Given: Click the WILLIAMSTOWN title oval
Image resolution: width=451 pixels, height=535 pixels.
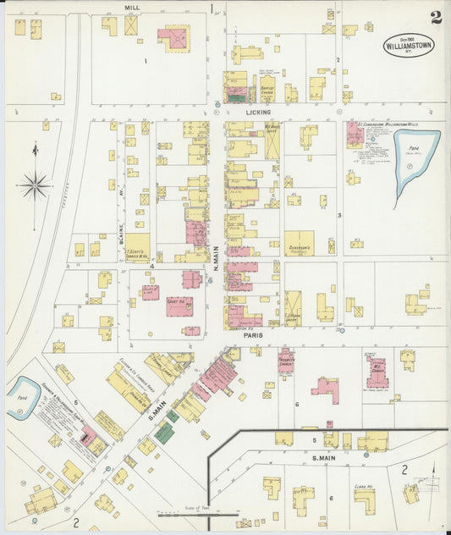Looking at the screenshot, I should pyautogui.click(x=410, y=45).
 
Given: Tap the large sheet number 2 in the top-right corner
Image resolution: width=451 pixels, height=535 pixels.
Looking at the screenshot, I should pyautogui.click(x=435, y=18).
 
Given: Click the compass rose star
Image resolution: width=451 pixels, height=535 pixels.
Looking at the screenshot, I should pyautogui.click(x=35, y=184).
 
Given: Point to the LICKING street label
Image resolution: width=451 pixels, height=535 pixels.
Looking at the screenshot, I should pyautogui.click(x=258, y=113).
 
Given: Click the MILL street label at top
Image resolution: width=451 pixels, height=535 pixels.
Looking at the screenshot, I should pyautogui.click(x=131, y=7).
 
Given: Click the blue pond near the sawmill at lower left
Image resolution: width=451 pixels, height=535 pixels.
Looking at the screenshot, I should pyautogui.click(x=23, y=398).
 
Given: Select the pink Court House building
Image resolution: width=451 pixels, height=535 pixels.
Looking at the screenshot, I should pyautogui.click(x=179, y=306).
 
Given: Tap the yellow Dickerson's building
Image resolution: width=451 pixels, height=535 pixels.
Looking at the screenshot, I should pyautogui.click(x=298, y=243).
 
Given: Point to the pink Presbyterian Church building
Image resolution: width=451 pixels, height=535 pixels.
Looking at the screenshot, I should pyautogui.click(x=287, y=360).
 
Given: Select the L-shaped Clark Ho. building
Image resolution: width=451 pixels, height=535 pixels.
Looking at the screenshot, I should pyautogui.click(x=364, y=496).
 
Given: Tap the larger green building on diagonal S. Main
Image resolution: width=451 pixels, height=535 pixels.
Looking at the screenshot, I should pyautogui.click(x=163, y=433).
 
